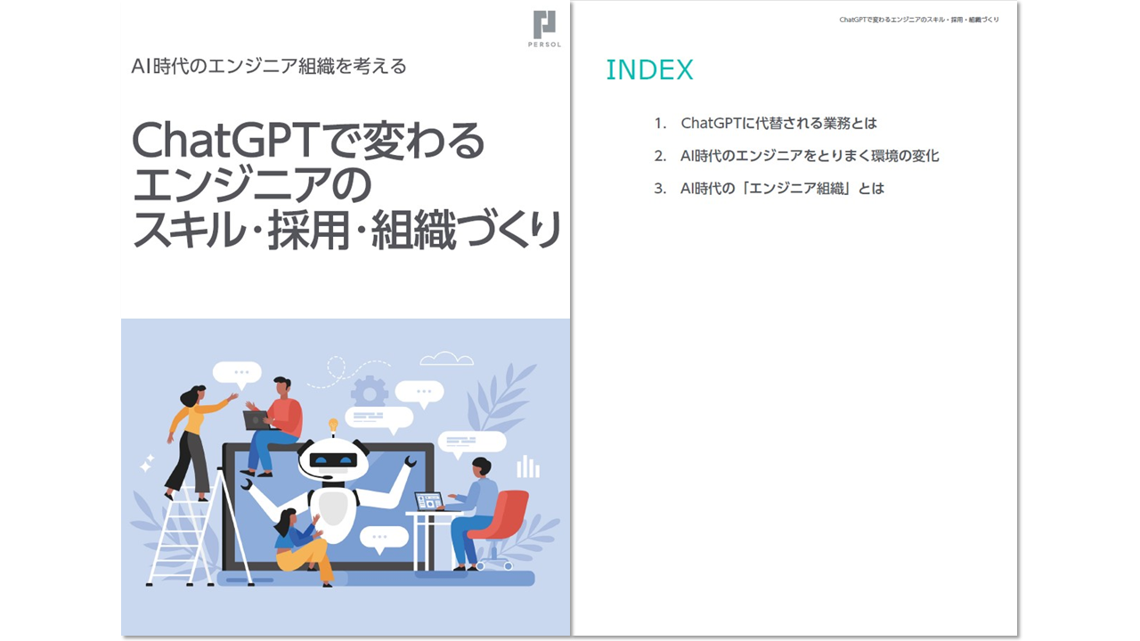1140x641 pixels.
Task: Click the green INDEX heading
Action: tap(649, 69)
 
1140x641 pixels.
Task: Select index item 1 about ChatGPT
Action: tap(765, 123)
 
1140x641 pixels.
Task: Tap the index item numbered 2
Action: tap(796, 156)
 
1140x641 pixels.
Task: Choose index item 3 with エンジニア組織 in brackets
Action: tap(769, 189)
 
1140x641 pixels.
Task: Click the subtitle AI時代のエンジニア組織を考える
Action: tap(269, 66)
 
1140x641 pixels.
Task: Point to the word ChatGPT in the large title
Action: tap(225, 141)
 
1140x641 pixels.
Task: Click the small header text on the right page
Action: tap(918, 20)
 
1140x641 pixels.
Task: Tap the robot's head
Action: tap(333, 458)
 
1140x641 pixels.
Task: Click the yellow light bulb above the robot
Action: tap(333, 425)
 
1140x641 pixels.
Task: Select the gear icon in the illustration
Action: tap(369, 393)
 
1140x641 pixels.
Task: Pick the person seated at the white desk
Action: tap(472, 514)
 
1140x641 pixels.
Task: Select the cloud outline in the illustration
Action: tap(446, 359)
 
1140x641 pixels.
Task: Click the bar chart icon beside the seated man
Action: tap(528, 467)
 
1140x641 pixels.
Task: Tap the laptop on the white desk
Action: tap(428, 501)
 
